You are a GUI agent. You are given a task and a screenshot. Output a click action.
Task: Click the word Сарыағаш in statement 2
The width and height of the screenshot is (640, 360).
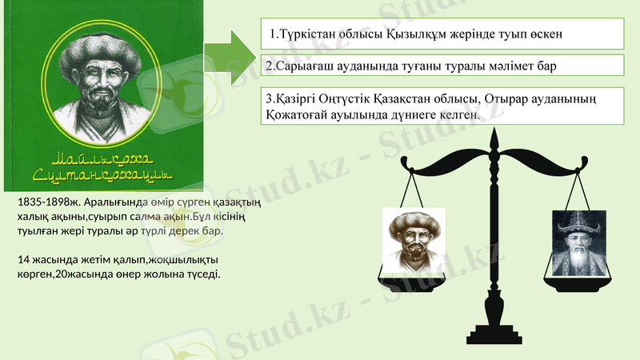click(305, 66)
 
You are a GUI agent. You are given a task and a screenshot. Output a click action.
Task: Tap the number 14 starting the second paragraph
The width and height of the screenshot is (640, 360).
click(23, 260)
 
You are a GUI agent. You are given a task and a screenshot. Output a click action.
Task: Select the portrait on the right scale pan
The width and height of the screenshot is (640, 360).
click(576, 238)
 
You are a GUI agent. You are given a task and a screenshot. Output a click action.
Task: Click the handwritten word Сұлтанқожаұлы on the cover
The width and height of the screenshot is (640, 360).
click(102, 174)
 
